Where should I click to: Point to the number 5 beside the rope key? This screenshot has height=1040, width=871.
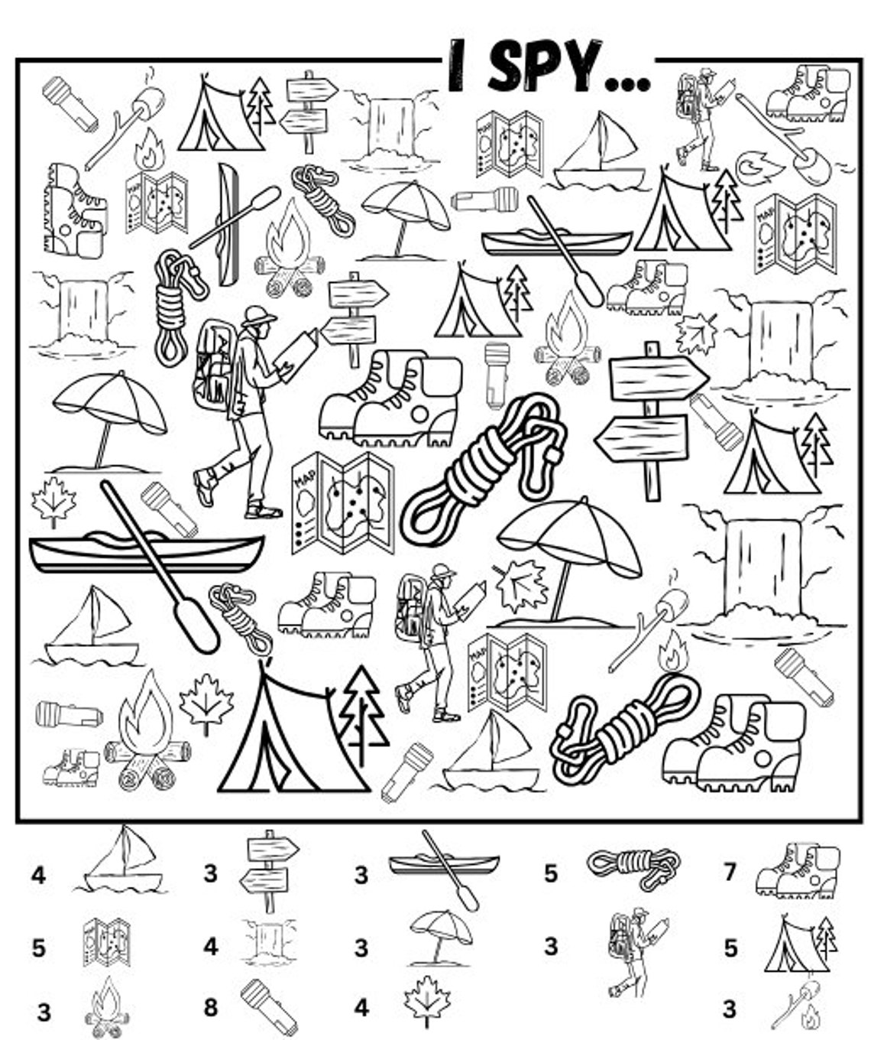550,873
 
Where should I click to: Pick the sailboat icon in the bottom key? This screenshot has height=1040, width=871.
121,862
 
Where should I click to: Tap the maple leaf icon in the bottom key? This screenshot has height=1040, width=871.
426,1001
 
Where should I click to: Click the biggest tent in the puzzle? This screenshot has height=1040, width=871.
290,734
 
